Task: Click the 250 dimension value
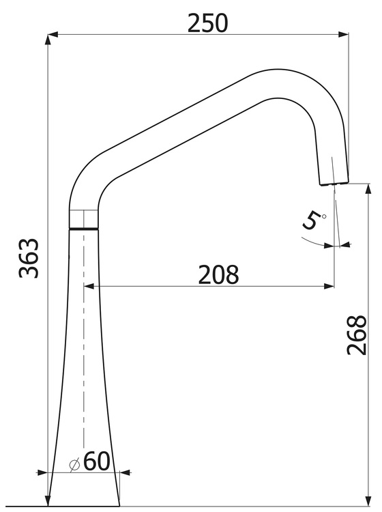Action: [208, 23]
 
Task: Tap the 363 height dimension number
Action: [29, 258]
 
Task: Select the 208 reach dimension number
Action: [218, 274]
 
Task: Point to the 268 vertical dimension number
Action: [357, 335]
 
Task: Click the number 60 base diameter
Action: [97, 461]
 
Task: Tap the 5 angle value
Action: [311, 221]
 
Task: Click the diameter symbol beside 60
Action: [75, 464]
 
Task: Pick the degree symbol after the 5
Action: [323, 216]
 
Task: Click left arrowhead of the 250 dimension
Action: [53, 34]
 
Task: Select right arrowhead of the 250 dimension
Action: [344, 34]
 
